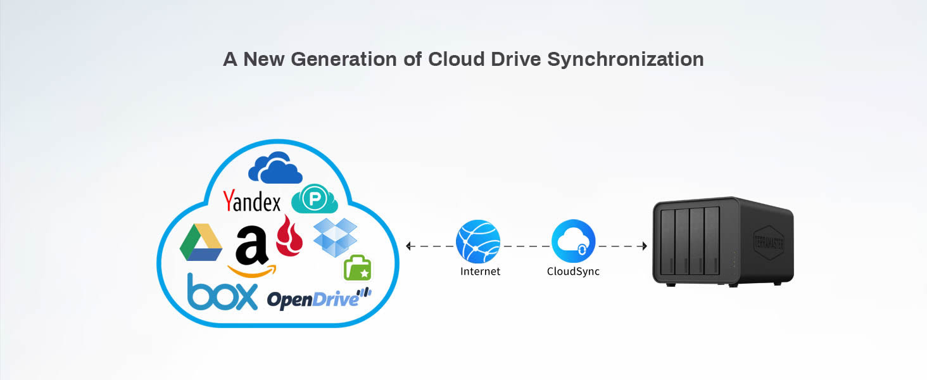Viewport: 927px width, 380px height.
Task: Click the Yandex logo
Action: click(251, 201)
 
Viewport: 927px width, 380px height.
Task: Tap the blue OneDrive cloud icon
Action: click(275, 168)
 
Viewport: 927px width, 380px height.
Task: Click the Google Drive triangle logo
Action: click(201, 243)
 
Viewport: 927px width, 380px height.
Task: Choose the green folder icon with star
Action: click(357, 269)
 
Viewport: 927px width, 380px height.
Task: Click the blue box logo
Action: click(222, 292)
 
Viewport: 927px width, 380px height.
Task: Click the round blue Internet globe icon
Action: click(478, 242)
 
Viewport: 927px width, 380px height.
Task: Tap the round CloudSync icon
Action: click(573, 242)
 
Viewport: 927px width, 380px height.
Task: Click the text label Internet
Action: click(480, 272)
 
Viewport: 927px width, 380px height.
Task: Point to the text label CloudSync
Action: click(573, 272)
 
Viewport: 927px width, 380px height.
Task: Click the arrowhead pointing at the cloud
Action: click(409, 246)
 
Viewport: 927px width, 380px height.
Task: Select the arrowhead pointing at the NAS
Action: click(643, 246)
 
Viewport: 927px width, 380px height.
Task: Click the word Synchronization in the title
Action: click(626, 60)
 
